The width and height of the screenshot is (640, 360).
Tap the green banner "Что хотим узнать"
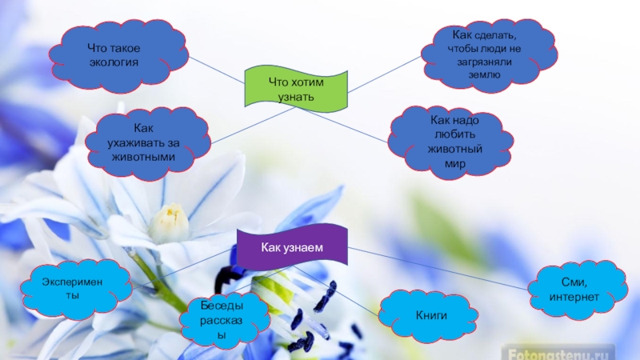(x=297, y=89)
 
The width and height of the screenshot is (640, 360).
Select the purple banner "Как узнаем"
(x=291, y=248)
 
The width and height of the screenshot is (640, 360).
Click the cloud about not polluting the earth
(x=488, y=54)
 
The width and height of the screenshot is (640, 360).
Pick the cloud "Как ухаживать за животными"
(x=152, y=142)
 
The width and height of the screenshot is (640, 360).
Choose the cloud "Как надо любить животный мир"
(x=451, y=140)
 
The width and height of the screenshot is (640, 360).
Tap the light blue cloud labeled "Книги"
(x=432, y=317)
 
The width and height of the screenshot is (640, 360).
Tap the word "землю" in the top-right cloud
(x=484, y=74)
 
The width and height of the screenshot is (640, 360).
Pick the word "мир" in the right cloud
(x=454, y=163)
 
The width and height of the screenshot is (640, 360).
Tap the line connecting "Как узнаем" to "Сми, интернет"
(x=440, y=268)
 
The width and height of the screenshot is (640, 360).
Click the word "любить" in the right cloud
(x=453, y=134)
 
